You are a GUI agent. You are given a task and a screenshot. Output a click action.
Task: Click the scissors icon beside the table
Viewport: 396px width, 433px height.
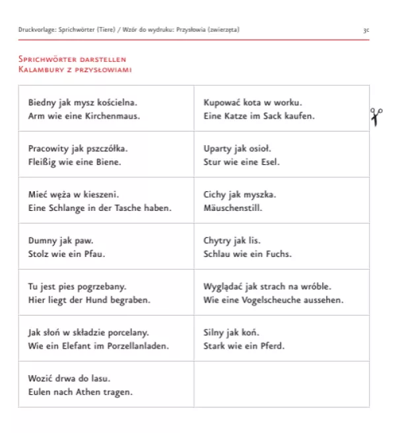tap(376, 117)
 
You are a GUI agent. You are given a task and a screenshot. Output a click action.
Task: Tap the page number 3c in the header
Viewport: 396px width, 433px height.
tap(366, 30)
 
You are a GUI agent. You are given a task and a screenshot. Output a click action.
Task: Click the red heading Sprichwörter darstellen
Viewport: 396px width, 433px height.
tap(73, 59)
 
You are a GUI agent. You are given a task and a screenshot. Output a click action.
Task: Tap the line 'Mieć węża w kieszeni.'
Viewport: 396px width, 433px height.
tap(73, 195)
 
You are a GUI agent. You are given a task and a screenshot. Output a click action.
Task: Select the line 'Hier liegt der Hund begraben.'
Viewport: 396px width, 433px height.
tap(90, 300)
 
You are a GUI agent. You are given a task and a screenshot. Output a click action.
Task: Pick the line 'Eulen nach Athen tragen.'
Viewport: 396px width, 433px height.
tap(81, 392)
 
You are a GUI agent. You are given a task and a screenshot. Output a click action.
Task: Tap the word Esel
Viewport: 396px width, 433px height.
tap(269, 161)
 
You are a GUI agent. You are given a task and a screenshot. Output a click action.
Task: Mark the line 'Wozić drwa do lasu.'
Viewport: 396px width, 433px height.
tap(69, 379)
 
